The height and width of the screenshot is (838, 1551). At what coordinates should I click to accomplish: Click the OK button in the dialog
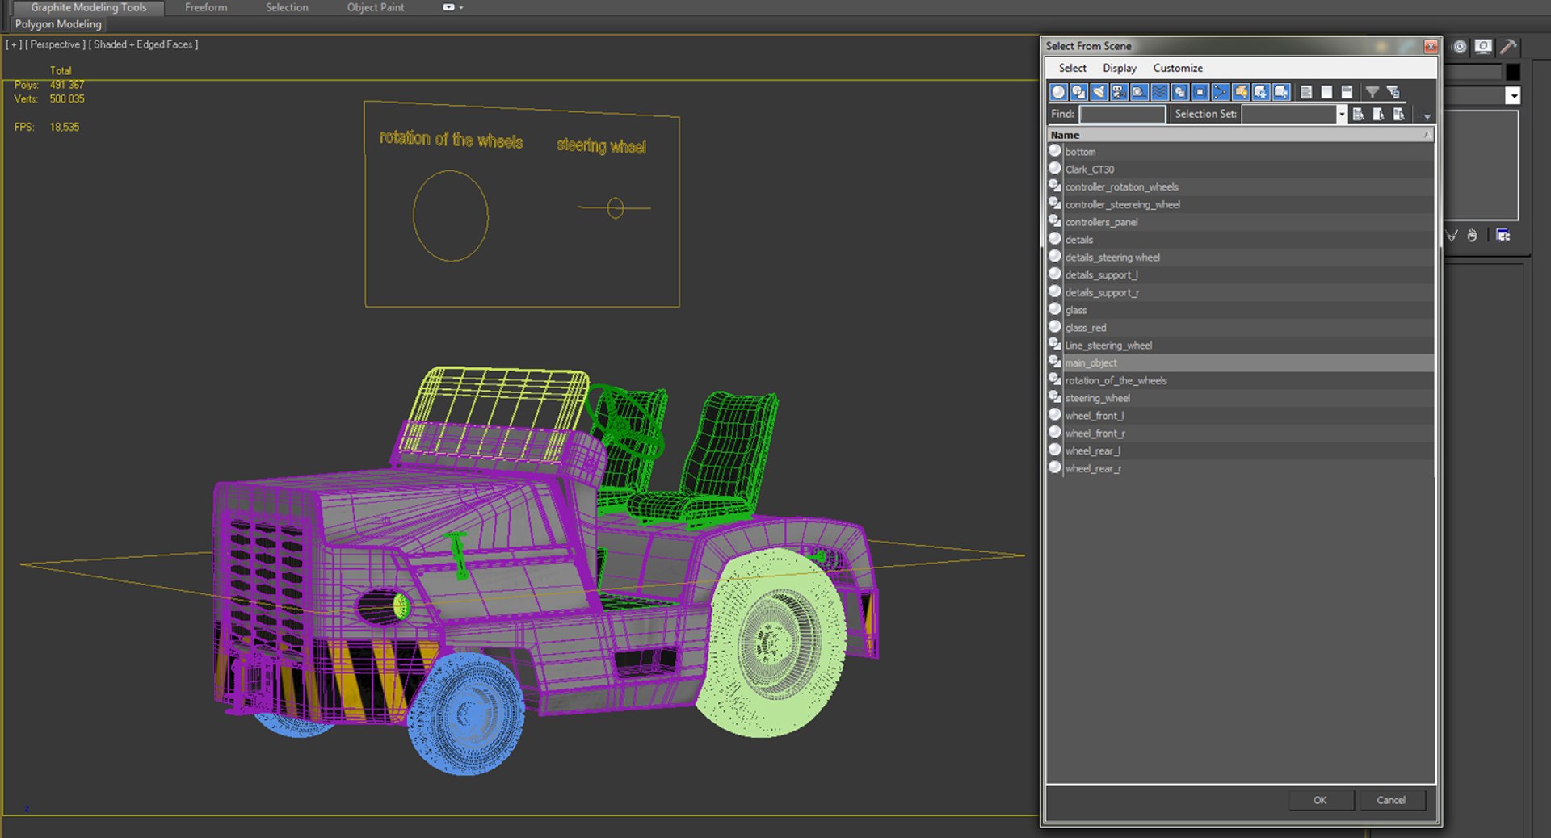coord(1320,800)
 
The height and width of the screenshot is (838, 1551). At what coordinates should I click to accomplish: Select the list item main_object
coord(1091,363)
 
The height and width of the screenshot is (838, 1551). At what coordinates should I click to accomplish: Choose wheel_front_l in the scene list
coord(1094,416)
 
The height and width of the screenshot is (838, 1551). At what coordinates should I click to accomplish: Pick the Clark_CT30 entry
coord(1089,170)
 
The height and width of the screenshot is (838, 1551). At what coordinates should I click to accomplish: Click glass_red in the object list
coord(1085,328)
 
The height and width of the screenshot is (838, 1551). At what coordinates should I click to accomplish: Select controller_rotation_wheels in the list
coord(1121,187)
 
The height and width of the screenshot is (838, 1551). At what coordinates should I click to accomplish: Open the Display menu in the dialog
coord(1119,68)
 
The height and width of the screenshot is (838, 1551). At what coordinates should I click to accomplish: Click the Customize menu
coord(1177,68)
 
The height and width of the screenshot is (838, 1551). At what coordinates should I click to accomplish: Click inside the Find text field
coord(1122,114)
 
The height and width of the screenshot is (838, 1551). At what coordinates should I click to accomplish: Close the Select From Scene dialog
coord(1430,46)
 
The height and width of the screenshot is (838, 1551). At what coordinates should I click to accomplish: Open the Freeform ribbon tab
coord(206,7)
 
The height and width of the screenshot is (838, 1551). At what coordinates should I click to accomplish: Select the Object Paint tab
coord(376,7)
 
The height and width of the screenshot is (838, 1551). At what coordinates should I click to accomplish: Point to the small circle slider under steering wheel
coord(616,208)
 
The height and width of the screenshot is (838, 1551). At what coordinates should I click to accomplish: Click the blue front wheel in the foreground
coord(466,714)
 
